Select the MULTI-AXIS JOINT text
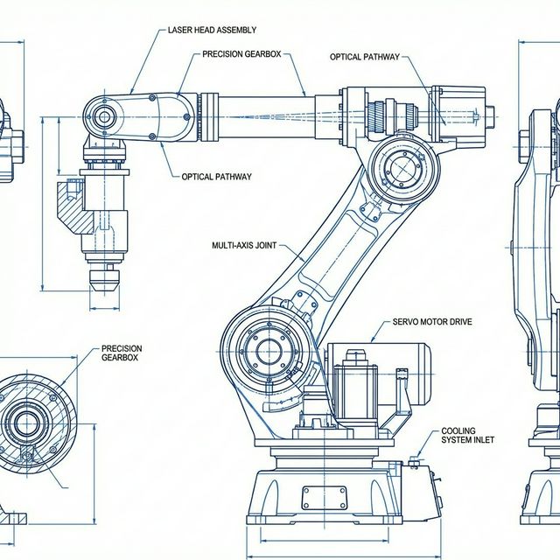coord(244,246)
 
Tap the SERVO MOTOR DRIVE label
coord(432,322)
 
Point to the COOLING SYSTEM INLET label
coord(467,435)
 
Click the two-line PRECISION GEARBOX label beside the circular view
coord(122,353)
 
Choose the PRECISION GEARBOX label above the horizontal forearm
coord(241,54)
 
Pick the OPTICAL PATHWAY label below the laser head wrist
coord(216,177)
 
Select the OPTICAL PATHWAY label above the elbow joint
coord(364,57)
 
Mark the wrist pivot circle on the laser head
coord(105,116)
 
